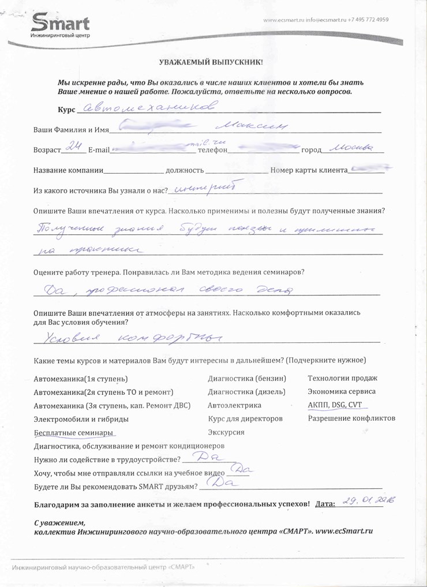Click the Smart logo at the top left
pyautogui.click(x=60, y=26)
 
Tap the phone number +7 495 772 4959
pyautogui.click(x=368, y=20)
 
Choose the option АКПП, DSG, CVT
pyautogui.click(x=335, y=405)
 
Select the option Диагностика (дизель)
pyautogui.click(x=246, y=391)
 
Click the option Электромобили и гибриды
pyautogui.click(x=81, y=419)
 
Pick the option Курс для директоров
pyautogui.click(x=245, y=418)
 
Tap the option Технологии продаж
pyautogui.click(x=343, y=378)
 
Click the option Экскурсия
pyautogui.click(x=226, y=432)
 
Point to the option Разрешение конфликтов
pyautogui.click(x=351, y=418)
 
